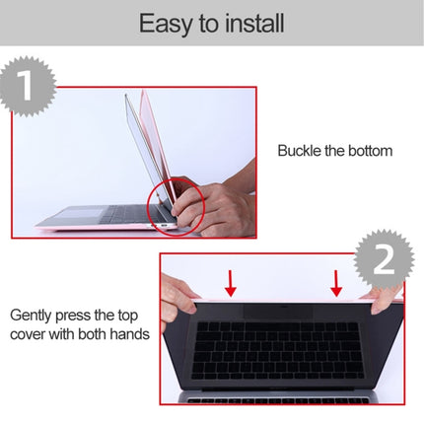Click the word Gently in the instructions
pyautogui.click(x=34, y=317)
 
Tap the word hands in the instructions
pyautogui.click(x=128, y=334)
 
